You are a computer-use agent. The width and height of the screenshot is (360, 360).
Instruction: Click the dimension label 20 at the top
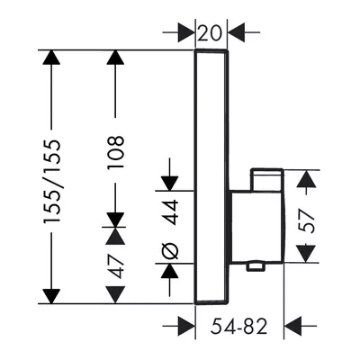tap(211, 32)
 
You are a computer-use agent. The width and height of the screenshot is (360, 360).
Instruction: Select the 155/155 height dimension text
tap(52, 182)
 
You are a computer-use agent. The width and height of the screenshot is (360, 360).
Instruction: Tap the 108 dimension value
tap(116, 152)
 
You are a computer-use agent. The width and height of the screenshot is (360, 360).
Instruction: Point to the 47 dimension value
tap(116, 266)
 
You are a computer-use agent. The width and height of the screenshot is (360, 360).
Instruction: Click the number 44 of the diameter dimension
tap(172, 212)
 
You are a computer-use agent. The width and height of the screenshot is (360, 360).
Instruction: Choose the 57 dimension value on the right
tap(307, 221)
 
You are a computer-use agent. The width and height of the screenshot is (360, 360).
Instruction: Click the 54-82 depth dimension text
tap(238, 326)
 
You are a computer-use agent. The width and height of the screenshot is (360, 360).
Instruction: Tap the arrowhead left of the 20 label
tap(186, 32)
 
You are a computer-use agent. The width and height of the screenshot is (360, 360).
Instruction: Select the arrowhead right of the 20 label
tap(237, 32)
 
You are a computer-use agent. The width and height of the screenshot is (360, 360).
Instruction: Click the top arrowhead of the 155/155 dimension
tap(51, 58)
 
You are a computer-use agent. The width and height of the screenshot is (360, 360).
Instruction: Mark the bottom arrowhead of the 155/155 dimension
tap(51, 296)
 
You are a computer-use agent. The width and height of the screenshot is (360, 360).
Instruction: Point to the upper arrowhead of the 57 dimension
tap(307, 178)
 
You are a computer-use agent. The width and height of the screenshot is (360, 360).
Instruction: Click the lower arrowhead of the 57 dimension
tap(307, 254)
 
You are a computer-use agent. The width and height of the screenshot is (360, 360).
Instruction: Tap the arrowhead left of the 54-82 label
tap(186, 326)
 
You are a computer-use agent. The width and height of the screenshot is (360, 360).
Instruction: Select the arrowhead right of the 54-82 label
tap(292, 326)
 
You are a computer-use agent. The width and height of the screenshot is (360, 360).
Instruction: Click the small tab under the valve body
tap(255, 266)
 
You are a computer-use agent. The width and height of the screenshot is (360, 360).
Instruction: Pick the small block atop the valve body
tap(267, 179)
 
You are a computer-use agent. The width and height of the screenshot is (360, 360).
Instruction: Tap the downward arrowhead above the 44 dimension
tap(170, 184)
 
